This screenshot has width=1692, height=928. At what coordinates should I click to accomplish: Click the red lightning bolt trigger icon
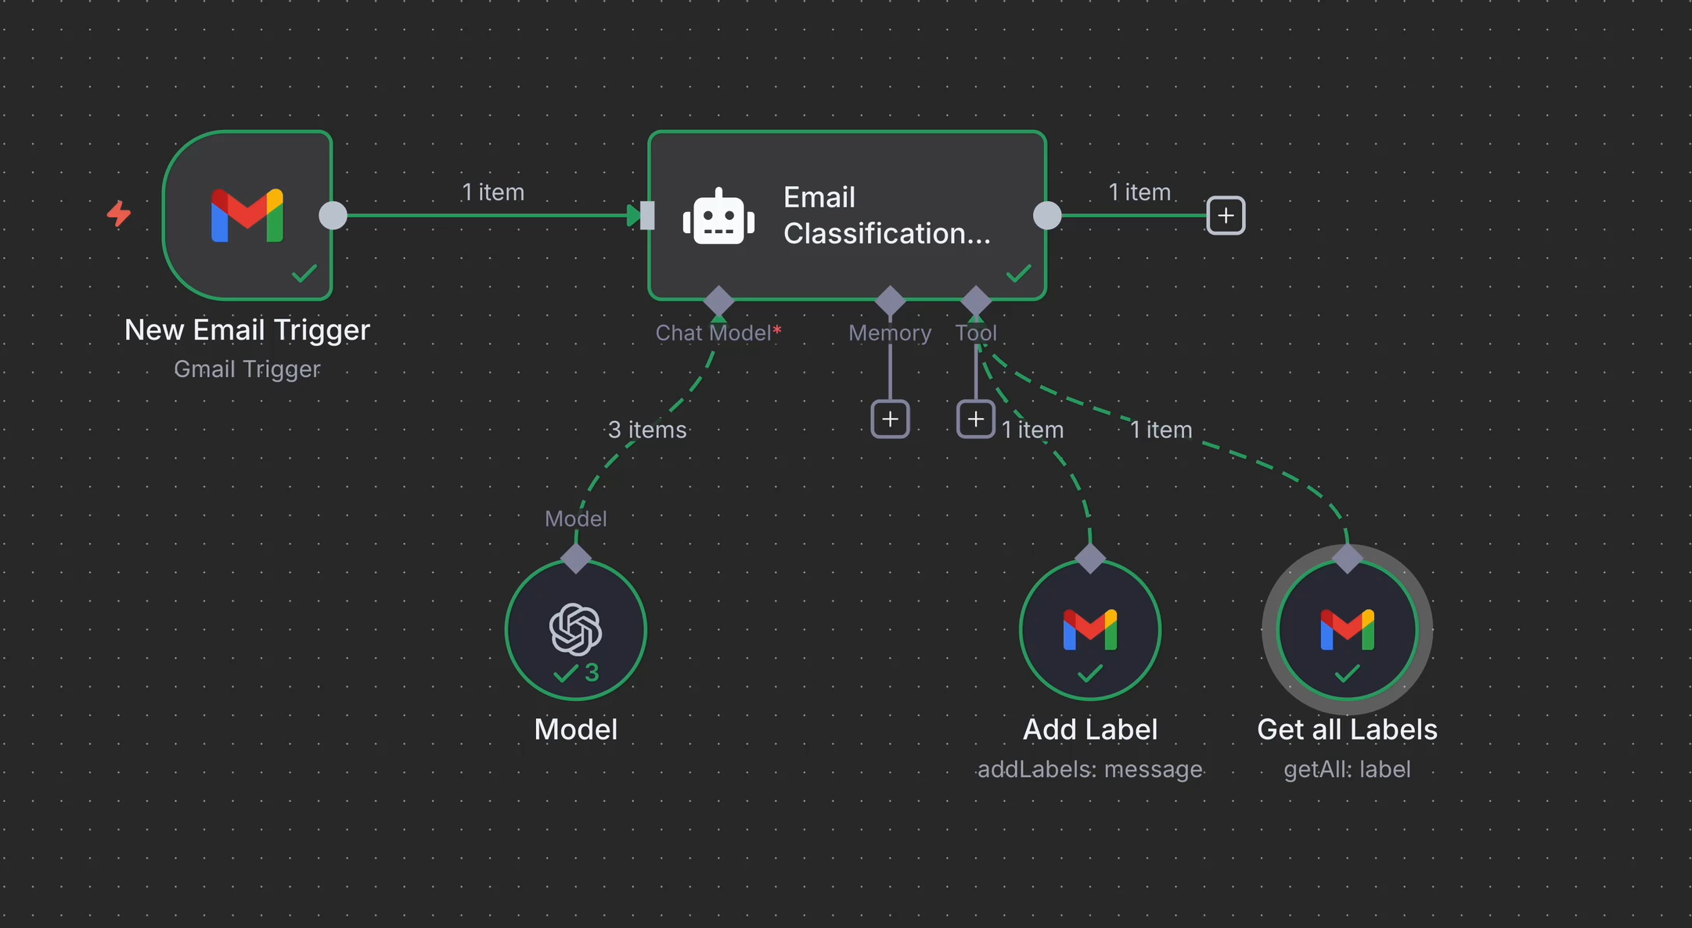pos(119,213)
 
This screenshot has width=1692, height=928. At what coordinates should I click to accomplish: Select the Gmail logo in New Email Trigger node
pos(247,215)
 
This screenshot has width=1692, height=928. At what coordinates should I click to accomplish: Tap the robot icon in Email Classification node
pos(718,217)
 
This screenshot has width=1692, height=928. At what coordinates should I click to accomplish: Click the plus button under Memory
pos(890,419)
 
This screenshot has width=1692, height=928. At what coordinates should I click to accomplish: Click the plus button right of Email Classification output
pos(1226,215)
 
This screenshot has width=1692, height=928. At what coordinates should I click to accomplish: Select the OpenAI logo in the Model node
pos(576,629)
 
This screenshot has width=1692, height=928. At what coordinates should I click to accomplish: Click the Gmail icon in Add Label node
pos(1090,630)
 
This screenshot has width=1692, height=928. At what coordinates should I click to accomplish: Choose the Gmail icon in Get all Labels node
pos(1347,630)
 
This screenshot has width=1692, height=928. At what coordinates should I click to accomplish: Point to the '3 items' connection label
pos(647,430)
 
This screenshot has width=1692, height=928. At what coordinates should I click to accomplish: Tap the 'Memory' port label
pos(890,333)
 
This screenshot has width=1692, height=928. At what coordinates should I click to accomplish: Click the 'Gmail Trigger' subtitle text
pos(247,369)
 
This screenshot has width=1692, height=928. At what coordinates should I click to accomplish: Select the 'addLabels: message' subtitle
pos(1090,770)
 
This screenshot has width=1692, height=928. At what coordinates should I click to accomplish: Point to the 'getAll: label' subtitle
pos(1347,770)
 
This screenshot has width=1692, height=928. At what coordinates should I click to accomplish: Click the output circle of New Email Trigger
pos(333,215)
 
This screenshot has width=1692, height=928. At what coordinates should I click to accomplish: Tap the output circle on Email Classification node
pos(1047,215)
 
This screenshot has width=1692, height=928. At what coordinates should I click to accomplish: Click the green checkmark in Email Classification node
pos(1018,273)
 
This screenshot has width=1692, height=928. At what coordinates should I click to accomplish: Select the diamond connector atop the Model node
pos(576,559)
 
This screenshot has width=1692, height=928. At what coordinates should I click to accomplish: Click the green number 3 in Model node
pos(592,672)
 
